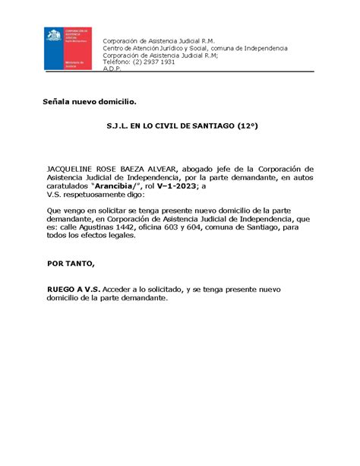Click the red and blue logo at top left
[x=67, y=49]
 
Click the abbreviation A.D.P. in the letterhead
[x=113, y=68]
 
